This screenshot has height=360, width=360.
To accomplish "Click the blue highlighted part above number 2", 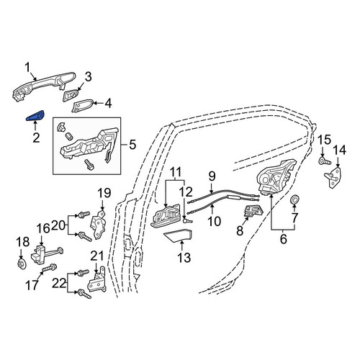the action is click(35, 116).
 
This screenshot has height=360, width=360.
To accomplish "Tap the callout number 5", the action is click(132, 145).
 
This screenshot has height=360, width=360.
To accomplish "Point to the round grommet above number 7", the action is click(294, 199).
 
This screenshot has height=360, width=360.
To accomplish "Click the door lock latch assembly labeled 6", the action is click(276, 178).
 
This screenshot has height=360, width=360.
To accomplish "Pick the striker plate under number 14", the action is click(333, 178).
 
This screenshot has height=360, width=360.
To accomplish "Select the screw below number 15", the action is click(325, 161).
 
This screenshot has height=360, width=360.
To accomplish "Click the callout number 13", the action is click(184, 258).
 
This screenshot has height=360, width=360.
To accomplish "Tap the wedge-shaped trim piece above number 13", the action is click(178, 235).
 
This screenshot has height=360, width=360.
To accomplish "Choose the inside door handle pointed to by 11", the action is click(166, 215).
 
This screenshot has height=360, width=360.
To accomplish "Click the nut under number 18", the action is click(22, 264).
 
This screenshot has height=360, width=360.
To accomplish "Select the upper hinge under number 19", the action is click(98, 225).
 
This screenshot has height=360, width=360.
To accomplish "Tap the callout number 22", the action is click(59, 284).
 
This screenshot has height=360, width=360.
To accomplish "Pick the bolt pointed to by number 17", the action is click(50, 268).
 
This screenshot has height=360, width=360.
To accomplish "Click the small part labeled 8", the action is click(253, 211).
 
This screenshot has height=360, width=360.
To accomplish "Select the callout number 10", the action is click(214, 221).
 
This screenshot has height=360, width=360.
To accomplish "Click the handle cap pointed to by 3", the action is click(71, 96).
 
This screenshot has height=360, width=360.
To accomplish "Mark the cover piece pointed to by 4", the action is click(82, 105).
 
